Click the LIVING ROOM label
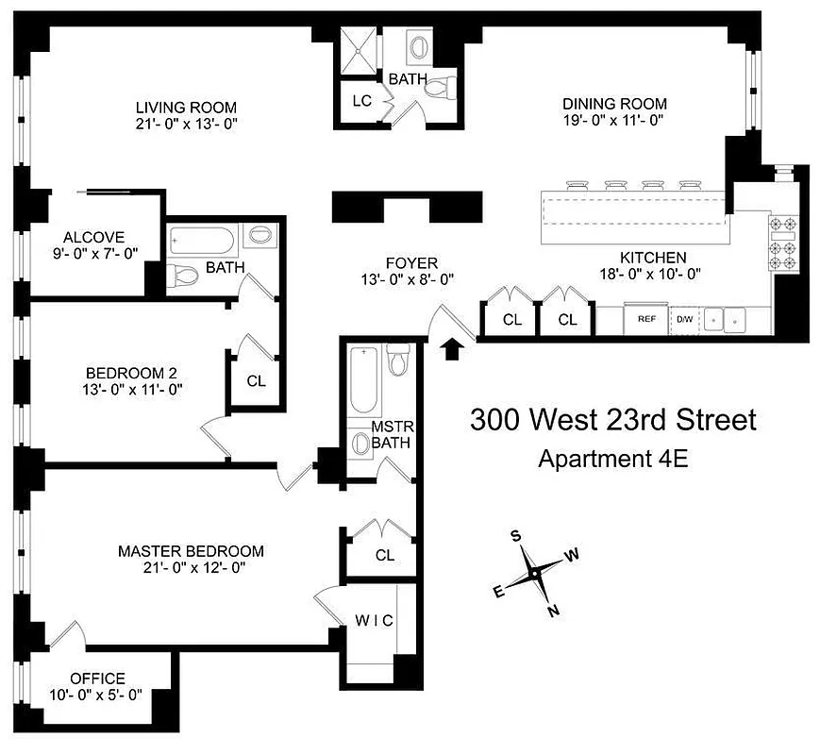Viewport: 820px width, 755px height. click(185, 107)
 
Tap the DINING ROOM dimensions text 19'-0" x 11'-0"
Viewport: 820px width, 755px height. click(614, 121)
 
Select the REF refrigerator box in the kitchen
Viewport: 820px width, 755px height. click(646, 319)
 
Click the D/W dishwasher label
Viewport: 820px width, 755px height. click(684, 319)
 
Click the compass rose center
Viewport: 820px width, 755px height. click(535, 573)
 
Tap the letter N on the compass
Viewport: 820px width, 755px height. click(554, 610)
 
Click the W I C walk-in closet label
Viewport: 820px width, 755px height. click(374, 620)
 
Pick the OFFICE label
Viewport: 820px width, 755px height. click(97, 679)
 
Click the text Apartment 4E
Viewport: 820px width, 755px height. click(612, 460)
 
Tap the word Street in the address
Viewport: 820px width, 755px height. click(711, 419)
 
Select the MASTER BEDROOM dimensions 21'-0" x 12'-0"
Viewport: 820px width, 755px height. click(191, 567)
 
